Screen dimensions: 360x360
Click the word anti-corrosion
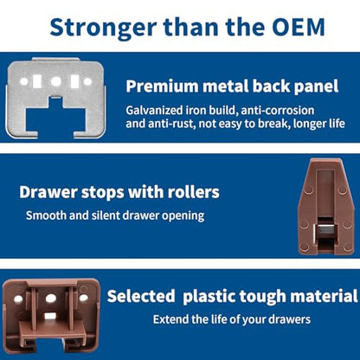click(x=277, y=110)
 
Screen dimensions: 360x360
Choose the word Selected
click(x=141, y=296)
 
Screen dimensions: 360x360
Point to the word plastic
click(x=209, y=297)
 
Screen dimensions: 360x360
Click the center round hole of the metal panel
click(x=56, y=81)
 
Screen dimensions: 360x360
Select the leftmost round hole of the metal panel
click(x=24, y=81)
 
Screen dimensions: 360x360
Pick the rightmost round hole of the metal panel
click(x=87, y=81)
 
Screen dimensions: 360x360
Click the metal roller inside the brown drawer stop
click(x=325, y=231)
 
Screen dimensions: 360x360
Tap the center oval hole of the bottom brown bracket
click(x=51, y=298)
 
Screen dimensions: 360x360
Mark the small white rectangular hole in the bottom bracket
click(x=50, y=316)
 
